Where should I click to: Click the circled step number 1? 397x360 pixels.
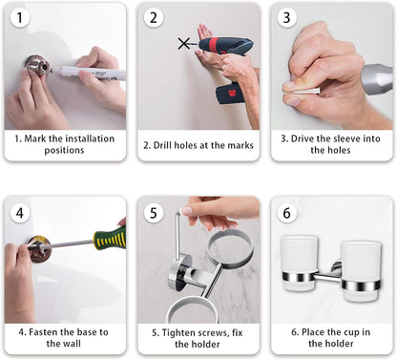[x=20, y=17]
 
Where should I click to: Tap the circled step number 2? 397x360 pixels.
[x=154, y=17]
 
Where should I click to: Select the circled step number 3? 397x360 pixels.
[x=286, y=17]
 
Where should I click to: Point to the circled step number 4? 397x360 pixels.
[x=20, y=213]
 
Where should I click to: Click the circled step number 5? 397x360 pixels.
[x=154, y=213]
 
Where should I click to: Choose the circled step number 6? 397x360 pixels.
[x=286, y=213]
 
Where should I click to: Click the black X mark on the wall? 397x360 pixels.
[x=184, y=43]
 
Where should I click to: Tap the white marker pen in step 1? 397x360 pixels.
[x=93, y=73]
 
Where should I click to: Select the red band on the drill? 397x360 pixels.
[x=214, y=45]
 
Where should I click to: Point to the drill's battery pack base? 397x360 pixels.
[x=230, y=94]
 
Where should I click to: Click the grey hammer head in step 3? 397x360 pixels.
[x=378, y=79]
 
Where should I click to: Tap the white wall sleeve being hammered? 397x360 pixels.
[x=302, y=92]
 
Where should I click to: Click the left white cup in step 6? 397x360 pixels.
[x=300, y=264]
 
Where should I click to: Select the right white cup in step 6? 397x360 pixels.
[x=361, y=271]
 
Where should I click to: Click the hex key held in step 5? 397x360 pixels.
[x=177, y=236]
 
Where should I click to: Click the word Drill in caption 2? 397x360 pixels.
[x=163, y=145]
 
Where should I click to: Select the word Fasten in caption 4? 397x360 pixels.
[x=43, y=332]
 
